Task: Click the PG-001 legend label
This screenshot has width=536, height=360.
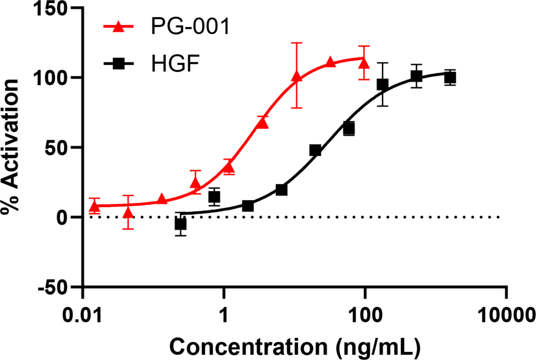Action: [x=189, y=28]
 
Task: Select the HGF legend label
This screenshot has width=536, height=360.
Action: [x=176, y=64]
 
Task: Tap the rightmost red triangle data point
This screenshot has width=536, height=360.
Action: [x=364, y=63]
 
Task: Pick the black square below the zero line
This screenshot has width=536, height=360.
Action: [x=180, y=224]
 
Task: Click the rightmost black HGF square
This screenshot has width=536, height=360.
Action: [x=450, y=77]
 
